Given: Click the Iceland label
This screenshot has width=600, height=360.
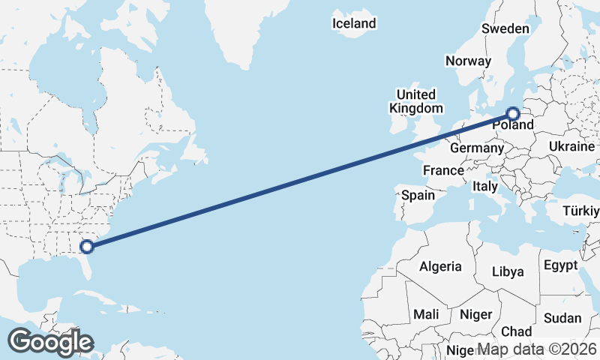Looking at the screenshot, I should pos(354,24).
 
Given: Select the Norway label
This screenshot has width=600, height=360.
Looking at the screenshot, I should pos(468,61).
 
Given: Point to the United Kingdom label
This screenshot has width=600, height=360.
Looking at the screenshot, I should pos(415,101).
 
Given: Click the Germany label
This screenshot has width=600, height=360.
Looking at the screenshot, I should pos(476,148).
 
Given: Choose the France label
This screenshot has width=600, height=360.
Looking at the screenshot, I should pos(442,170).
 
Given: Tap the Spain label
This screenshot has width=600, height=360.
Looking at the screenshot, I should pos(418,195).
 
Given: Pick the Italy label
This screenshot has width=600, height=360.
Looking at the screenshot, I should pos(484,186).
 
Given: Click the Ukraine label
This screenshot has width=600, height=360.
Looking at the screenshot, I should pos(571,145).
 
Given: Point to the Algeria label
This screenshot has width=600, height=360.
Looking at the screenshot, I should pos(441,266).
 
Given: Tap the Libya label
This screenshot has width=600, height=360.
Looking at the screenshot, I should pos(508,271).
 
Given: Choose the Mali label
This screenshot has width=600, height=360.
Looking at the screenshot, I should pos(425,314).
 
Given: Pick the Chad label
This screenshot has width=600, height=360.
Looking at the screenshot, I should pos(516,331).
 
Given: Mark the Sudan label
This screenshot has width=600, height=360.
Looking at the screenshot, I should pos(562,318).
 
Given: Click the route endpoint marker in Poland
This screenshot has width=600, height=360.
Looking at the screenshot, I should pos(513,114).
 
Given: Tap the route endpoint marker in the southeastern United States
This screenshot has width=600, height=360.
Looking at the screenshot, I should pos(87,245).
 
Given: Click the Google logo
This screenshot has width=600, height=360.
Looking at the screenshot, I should pos(50,341).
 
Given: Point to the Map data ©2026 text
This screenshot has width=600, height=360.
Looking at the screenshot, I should pos(537,349).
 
